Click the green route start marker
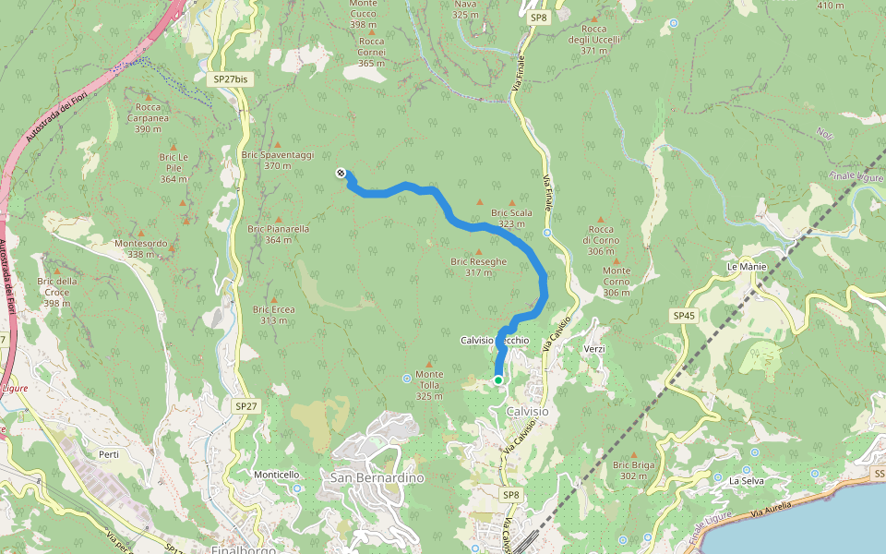[498, 379]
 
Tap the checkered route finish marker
[341, 173]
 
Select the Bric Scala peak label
[512, 218]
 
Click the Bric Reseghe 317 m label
[478, 266]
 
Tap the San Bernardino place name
[377, 478]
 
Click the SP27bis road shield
[230, 79]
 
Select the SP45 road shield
[683, 316]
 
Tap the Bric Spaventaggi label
[277, 160]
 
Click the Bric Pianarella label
[278, 234]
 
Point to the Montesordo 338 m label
[141, 248]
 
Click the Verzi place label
[594, 349]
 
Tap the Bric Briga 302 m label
[633, 470]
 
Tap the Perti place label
[109, 454]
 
